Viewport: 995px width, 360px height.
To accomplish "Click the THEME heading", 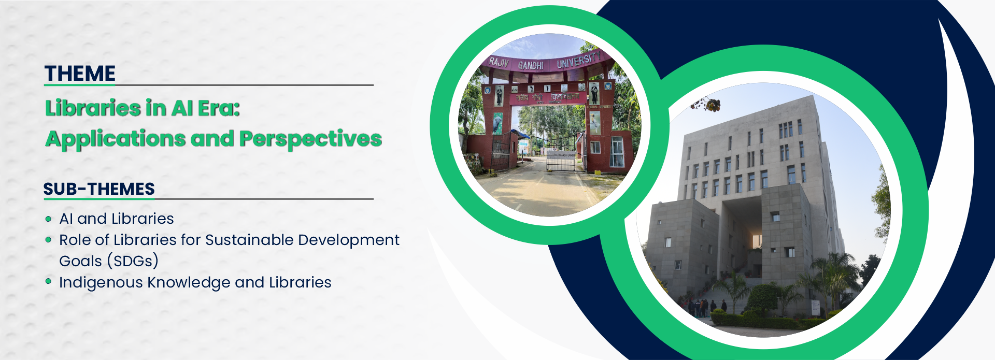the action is click(80, 74).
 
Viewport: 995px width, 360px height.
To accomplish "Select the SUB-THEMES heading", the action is click(99, 189).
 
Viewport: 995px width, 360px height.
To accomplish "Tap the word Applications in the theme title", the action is click(115, 139).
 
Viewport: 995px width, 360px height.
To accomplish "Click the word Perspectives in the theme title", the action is click(310, 139).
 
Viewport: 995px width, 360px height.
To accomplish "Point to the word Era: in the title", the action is click(218, 108).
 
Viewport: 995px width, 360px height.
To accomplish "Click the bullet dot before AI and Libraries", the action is click(49, 219).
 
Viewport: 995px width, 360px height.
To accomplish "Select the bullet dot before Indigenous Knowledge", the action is click(49, 281).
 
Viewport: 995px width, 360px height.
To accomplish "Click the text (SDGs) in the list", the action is click(133, 261).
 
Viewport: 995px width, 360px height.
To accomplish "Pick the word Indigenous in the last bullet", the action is click(101, 283).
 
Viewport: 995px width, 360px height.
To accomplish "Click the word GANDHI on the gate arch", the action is click(531, 65).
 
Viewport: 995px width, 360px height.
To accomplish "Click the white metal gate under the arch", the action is click(561, 161).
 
